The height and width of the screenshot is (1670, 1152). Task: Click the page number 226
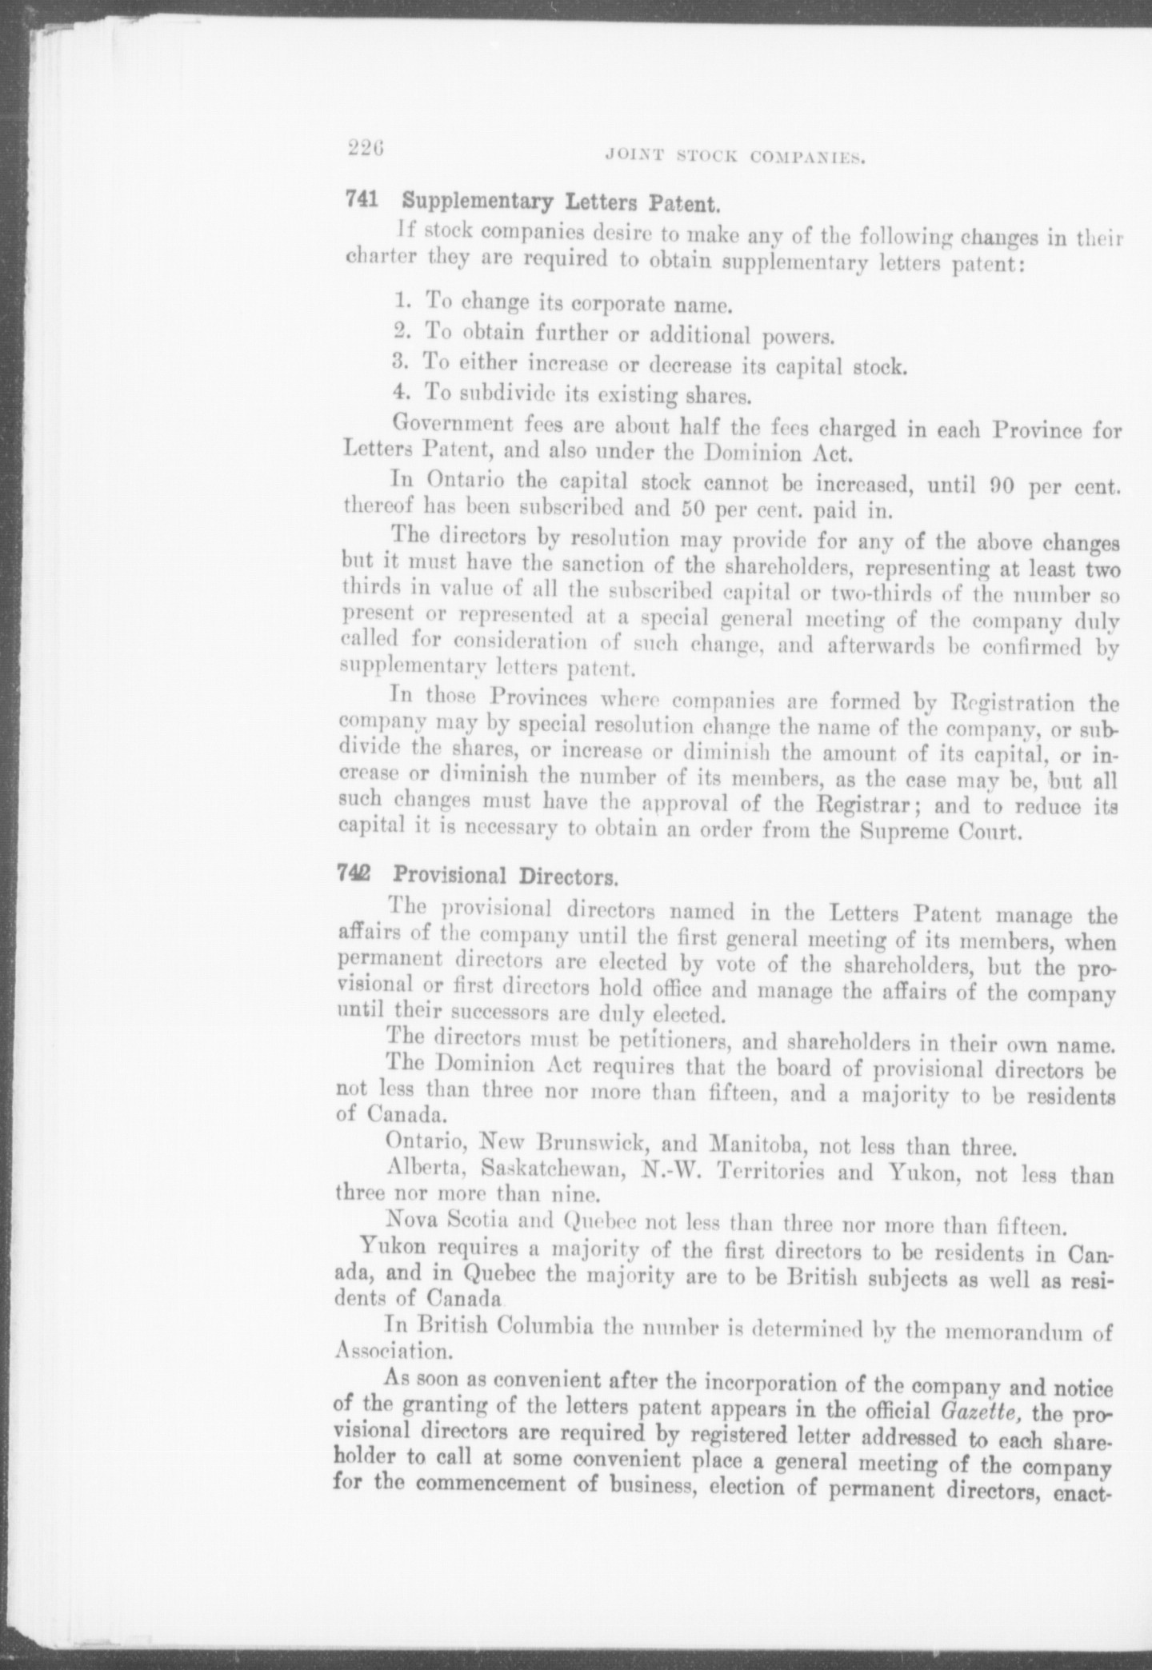click(x=367, y=147)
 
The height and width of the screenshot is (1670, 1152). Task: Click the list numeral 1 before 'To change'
click(x=402, y=302)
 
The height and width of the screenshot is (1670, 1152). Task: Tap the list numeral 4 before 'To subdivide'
click(x=402, y=393)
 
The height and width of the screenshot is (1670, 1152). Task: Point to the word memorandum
click(x=1014, y=1330)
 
